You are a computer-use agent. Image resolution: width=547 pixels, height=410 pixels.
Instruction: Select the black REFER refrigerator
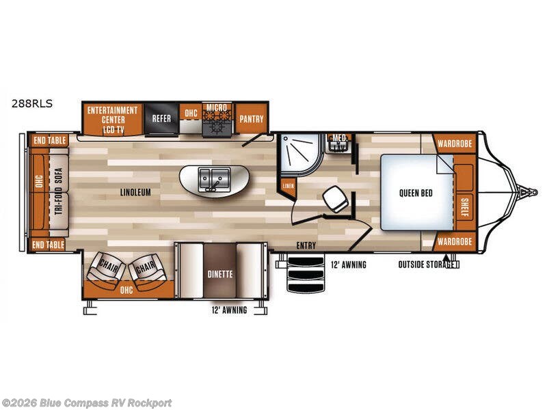161,118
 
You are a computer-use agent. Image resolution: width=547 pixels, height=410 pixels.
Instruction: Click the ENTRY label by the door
306,245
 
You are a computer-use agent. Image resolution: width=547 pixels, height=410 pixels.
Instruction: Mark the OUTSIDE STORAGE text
425,264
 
